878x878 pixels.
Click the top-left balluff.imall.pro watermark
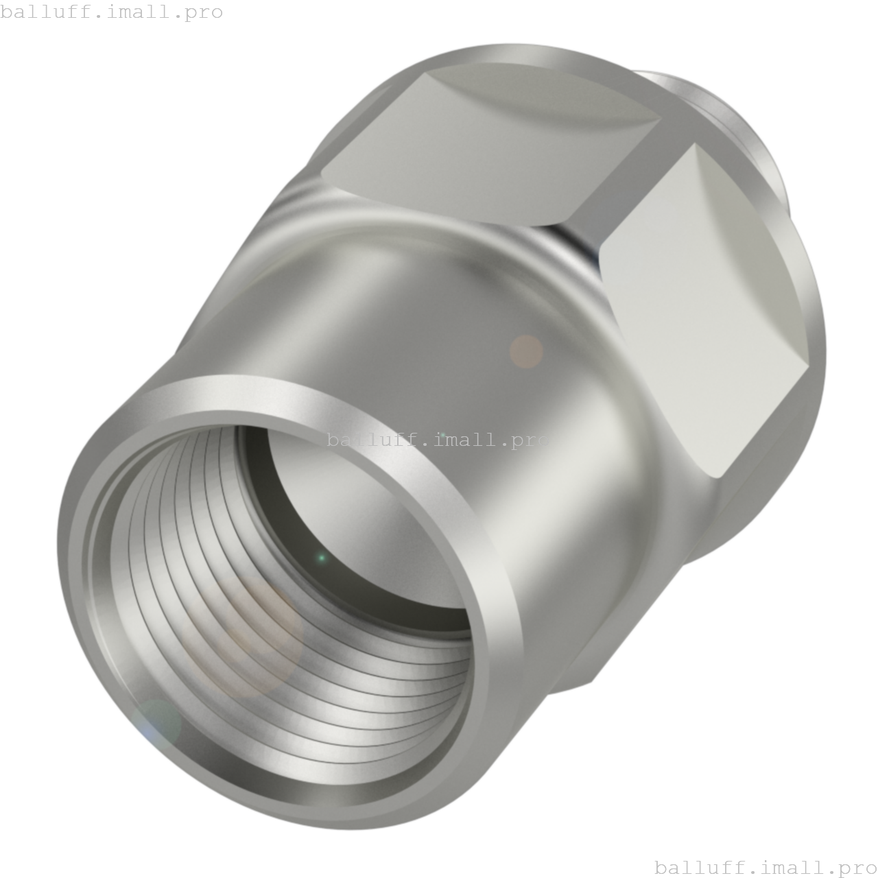coord(111,12)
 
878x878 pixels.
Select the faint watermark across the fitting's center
coord(438,440)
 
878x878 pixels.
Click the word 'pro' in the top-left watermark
coord(204,12)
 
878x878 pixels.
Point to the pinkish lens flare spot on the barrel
coord(526,351)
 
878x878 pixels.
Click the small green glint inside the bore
coord(321,558)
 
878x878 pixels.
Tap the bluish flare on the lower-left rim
coord(156,724)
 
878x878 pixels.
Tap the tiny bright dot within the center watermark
coord(442,435)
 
